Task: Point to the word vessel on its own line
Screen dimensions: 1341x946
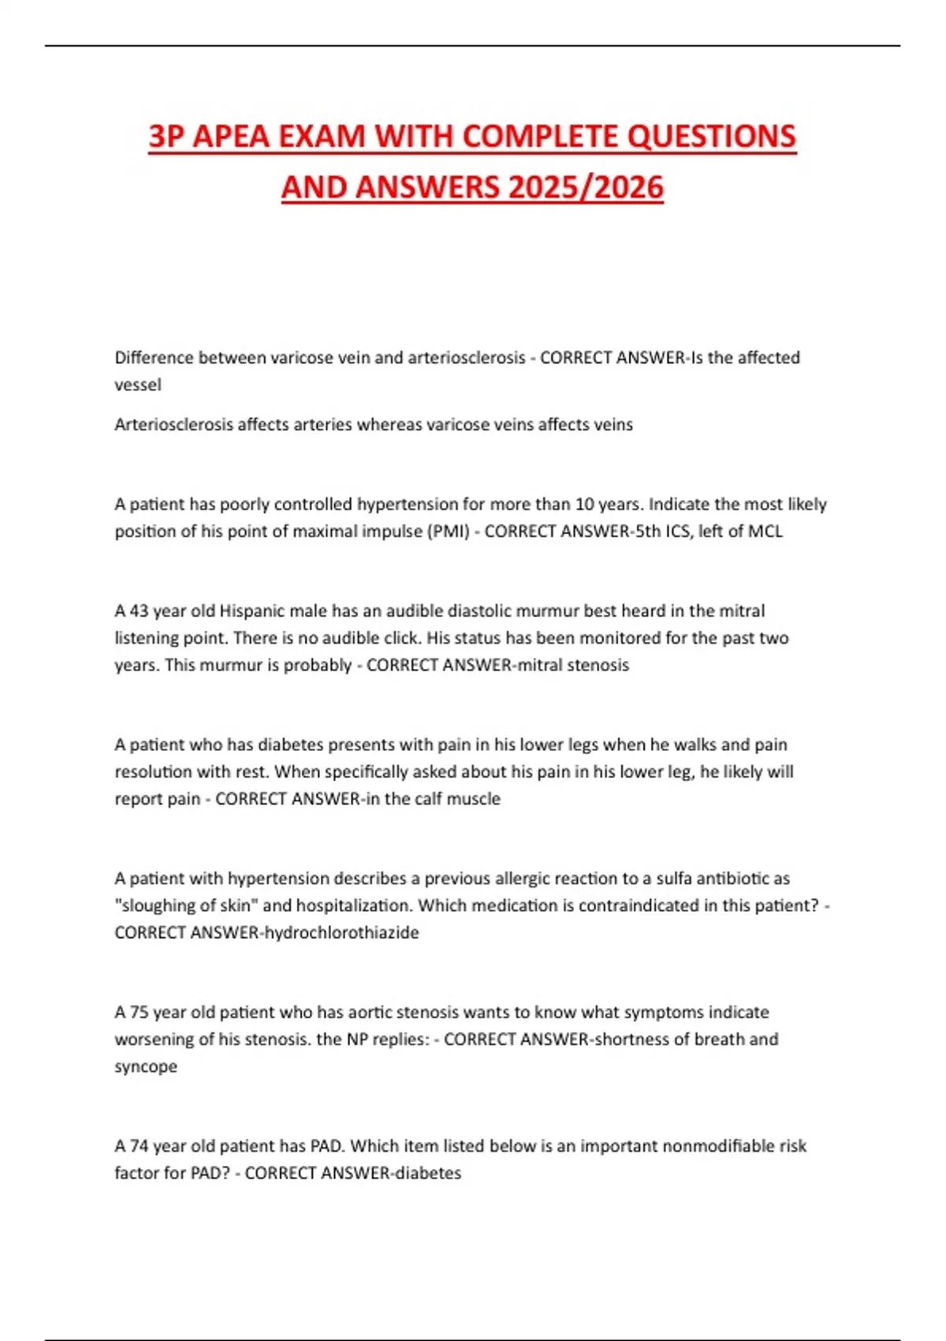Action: (x=138, y=385)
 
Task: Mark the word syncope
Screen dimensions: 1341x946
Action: (x=146, y=1066)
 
